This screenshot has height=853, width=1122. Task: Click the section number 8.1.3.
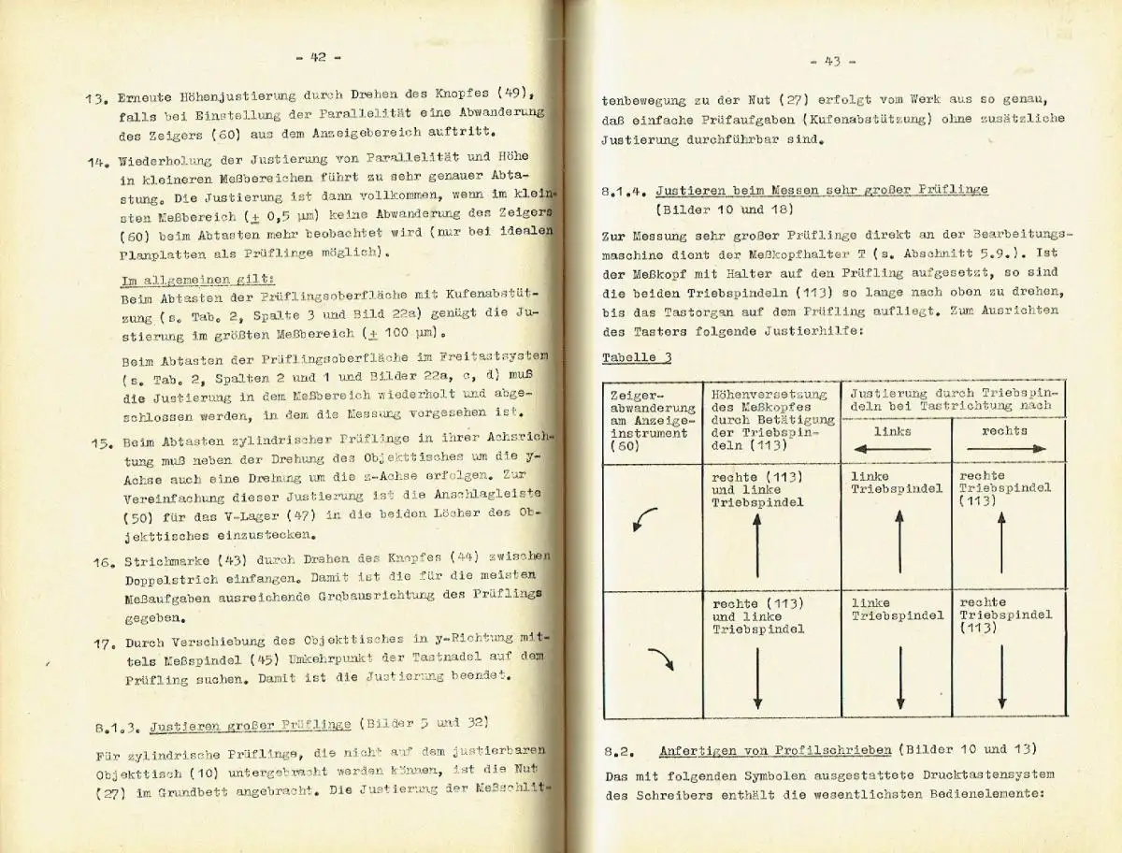tap(117, 724)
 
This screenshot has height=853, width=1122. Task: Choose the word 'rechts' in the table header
tap(1004, 430)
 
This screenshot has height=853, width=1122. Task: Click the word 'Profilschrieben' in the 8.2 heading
tap(807, 750)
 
